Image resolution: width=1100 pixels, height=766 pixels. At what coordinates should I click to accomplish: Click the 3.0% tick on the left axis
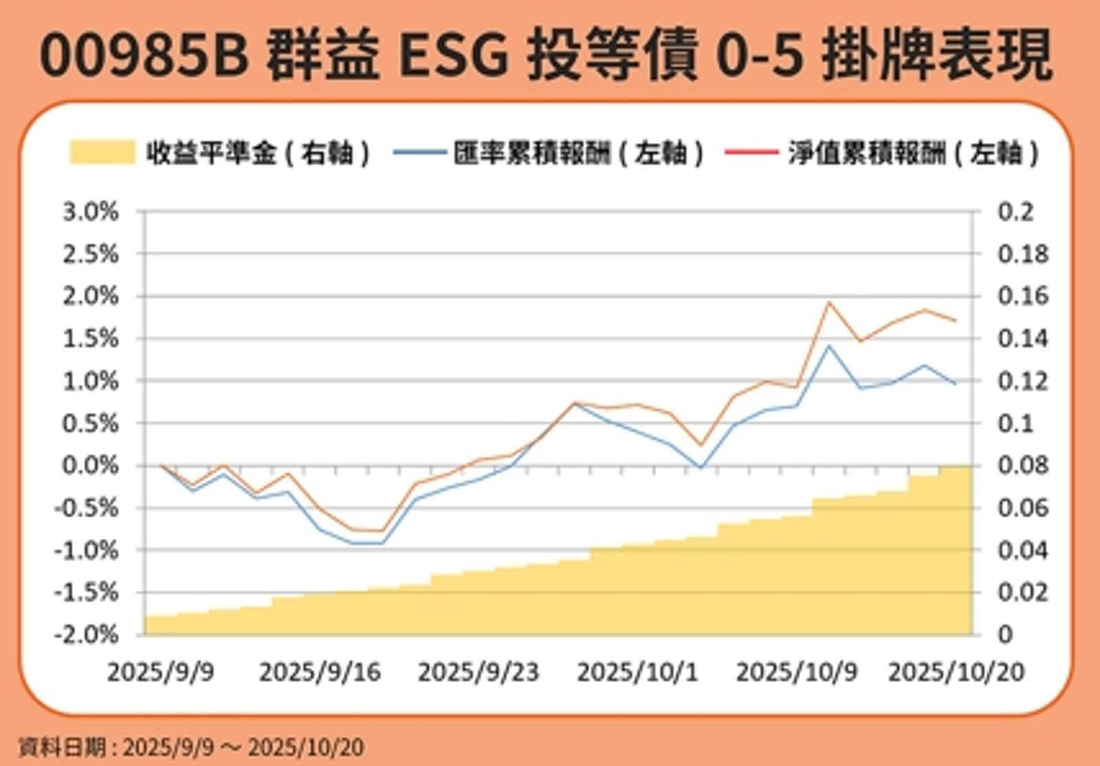coord(91,212)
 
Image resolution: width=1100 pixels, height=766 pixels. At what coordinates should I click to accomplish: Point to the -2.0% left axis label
coord(87,634)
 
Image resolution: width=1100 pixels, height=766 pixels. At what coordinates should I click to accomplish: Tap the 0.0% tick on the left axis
coord(91,466)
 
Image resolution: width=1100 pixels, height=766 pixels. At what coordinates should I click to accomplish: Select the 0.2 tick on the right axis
coord(1015,212)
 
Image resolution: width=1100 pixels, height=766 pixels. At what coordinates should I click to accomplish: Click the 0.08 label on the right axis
coord(1023,466)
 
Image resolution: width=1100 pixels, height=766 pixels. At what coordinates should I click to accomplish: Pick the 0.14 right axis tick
coord(1023,339)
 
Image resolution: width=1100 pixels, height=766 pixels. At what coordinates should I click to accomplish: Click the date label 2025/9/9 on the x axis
coord(160,672)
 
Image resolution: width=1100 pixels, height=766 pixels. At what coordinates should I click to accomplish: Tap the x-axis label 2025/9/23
coord(478,672)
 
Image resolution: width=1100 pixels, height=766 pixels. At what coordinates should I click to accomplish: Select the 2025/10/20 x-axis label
coord(956,672)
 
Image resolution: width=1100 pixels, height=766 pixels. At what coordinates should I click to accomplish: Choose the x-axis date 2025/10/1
coord(637,672)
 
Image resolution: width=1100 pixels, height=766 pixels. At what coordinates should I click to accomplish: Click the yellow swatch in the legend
coord(102,152)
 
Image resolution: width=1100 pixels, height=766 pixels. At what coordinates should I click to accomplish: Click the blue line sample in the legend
coord(419,152)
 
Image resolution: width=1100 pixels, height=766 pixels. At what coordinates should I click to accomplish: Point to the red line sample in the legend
coord(751,152)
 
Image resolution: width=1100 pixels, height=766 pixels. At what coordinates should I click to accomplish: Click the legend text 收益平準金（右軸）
coord(258,153)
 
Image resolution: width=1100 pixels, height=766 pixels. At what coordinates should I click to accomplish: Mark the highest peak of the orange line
coord(829,302)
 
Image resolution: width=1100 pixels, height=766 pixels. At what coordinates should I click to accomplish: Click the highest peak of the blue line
coord(829,346)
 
